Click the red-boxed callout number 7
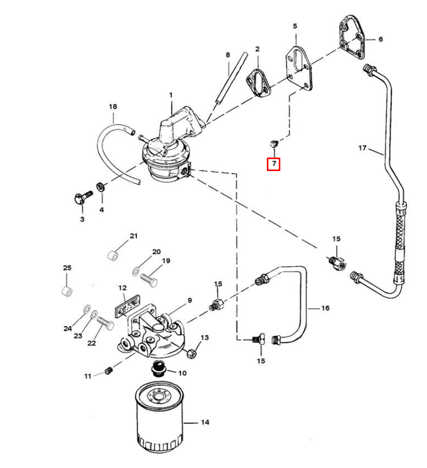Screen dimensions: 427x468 pyautogui.click(x=274, y=164)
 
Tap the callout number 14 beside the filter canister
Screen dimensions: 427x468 pyautogui.click(x=205, y=422)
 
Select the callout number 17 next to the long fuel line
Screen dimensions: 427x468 pyautogui.click(x=362, y=148)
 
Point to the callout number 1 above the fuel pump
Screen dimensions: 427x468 pyautogui.click(x=171, y=95)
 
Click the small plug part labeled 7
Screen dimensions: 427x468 pyautogui.click(x=274, y=144)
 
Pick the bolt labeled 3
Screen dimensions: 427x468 pyautogui.click(x=83, y=197)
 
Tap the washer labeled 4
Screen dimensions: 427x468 pyautogui.click(x=100, y=187)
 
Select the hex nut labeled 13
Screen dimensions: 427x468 pyautogui.click(x=191, y=354)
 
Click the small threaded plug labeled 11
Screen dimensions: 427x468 pyautogui.click(x=109, y=371)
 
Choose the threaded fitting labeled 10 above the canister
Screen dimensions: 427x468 pyautogui.click(x=158, y=369)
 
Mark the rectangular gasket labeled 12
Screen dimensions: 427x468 pyautogui.click(x=127, y=306)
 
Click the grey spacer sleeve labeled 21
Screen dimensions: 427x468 pyautogui.click(x=113, y=255)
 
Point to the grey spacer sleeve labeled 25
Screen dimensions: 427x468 pyautogui.click(x=67, y=291)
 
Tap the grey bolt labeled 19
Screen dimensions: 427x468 pyautogui.click(x=149, y=280)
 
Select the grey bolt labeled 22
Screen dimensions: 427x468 pyautogui.click(x=105, y=323)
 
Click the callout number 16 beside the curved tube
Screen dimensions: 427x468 pyautogui.click(x=325, y=308)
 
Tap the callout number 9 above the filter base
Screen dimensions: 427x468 pyautogui.click(x=190, y=300)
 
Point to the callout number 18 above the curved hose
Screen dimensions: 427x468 pyautogui.click(x=113, y=107)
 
